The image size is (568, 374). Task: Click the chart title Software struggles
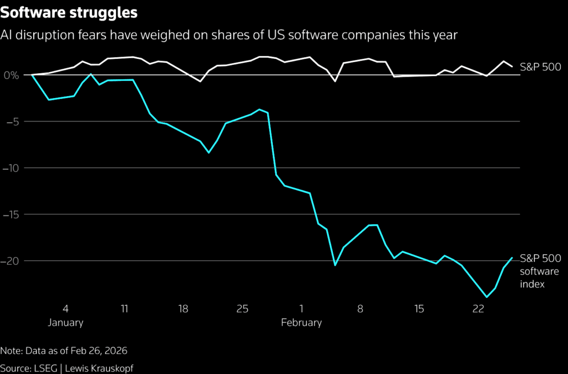69,12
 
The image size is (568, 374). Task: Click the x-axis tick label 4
66,309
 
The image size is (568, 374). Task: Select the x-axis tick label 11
124,309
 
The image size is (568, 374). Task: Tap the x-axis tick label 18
183,309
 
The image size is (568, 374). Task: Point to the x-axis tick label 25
242,309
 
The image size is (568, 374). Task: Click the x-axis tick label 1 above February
301,309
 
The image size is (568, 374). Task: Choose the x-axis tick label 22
478,309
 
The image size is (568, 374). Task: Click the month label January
66,322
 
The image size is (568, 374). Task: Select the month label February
301,322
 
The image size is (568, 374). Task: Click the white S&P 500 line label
540,67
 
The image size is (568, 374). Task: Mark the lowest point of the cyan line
487,297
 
